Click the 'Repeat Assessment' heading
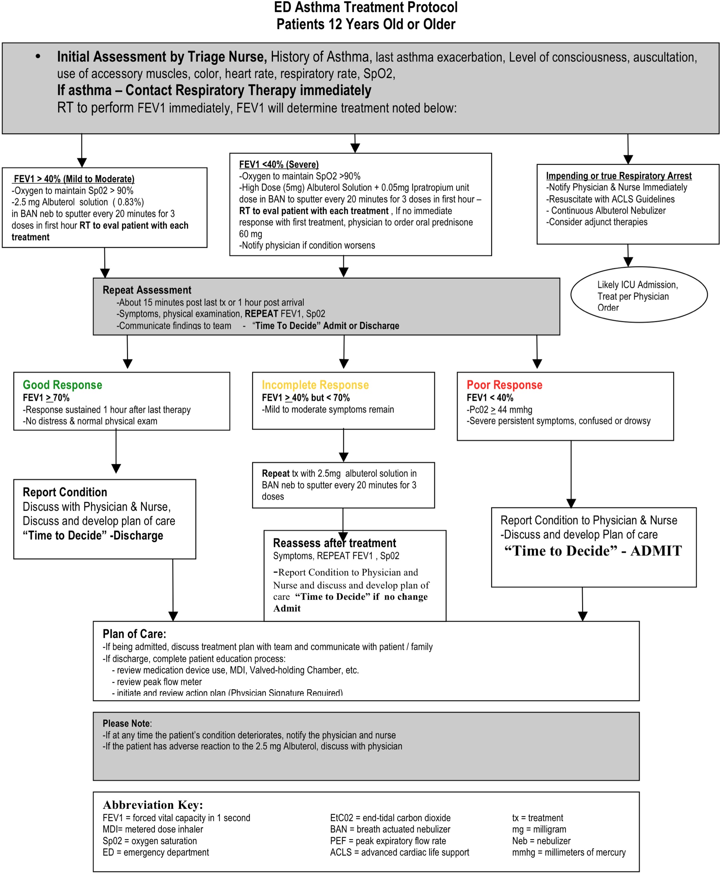click(x=147, y=290)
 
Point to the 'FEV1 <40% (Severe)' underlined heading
click(x=279, y=164)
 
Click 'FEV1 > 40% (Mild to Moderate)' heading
click(x=74, y=179)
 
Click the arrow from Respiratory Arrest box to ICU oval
click(x=628, y=255)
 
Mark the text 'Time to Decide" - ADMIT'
click(x=593, y=551)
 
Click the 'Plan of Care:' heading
click(x=134, y=634)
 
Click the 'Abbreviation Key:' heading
click(x=153, y=804)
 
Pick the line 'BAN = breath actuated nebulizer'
click(x=390, y=829)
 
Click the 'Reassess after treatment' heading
click(x=334, y=543)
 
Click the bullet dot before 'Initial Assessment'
click(x=38, y=56)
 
